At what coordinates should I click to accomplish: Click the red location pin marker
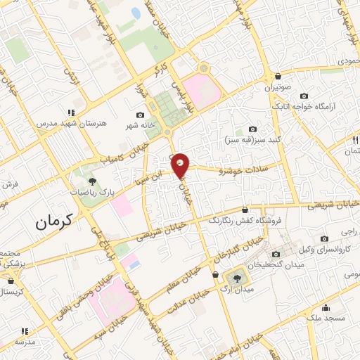point(181,165)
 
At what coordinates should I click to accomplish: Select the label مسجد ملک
point(326,318)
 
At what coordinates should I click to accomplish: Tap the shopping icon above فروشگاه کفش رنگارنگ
point(245,210)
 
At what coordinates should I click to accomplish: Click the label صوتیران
point(277,88)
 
